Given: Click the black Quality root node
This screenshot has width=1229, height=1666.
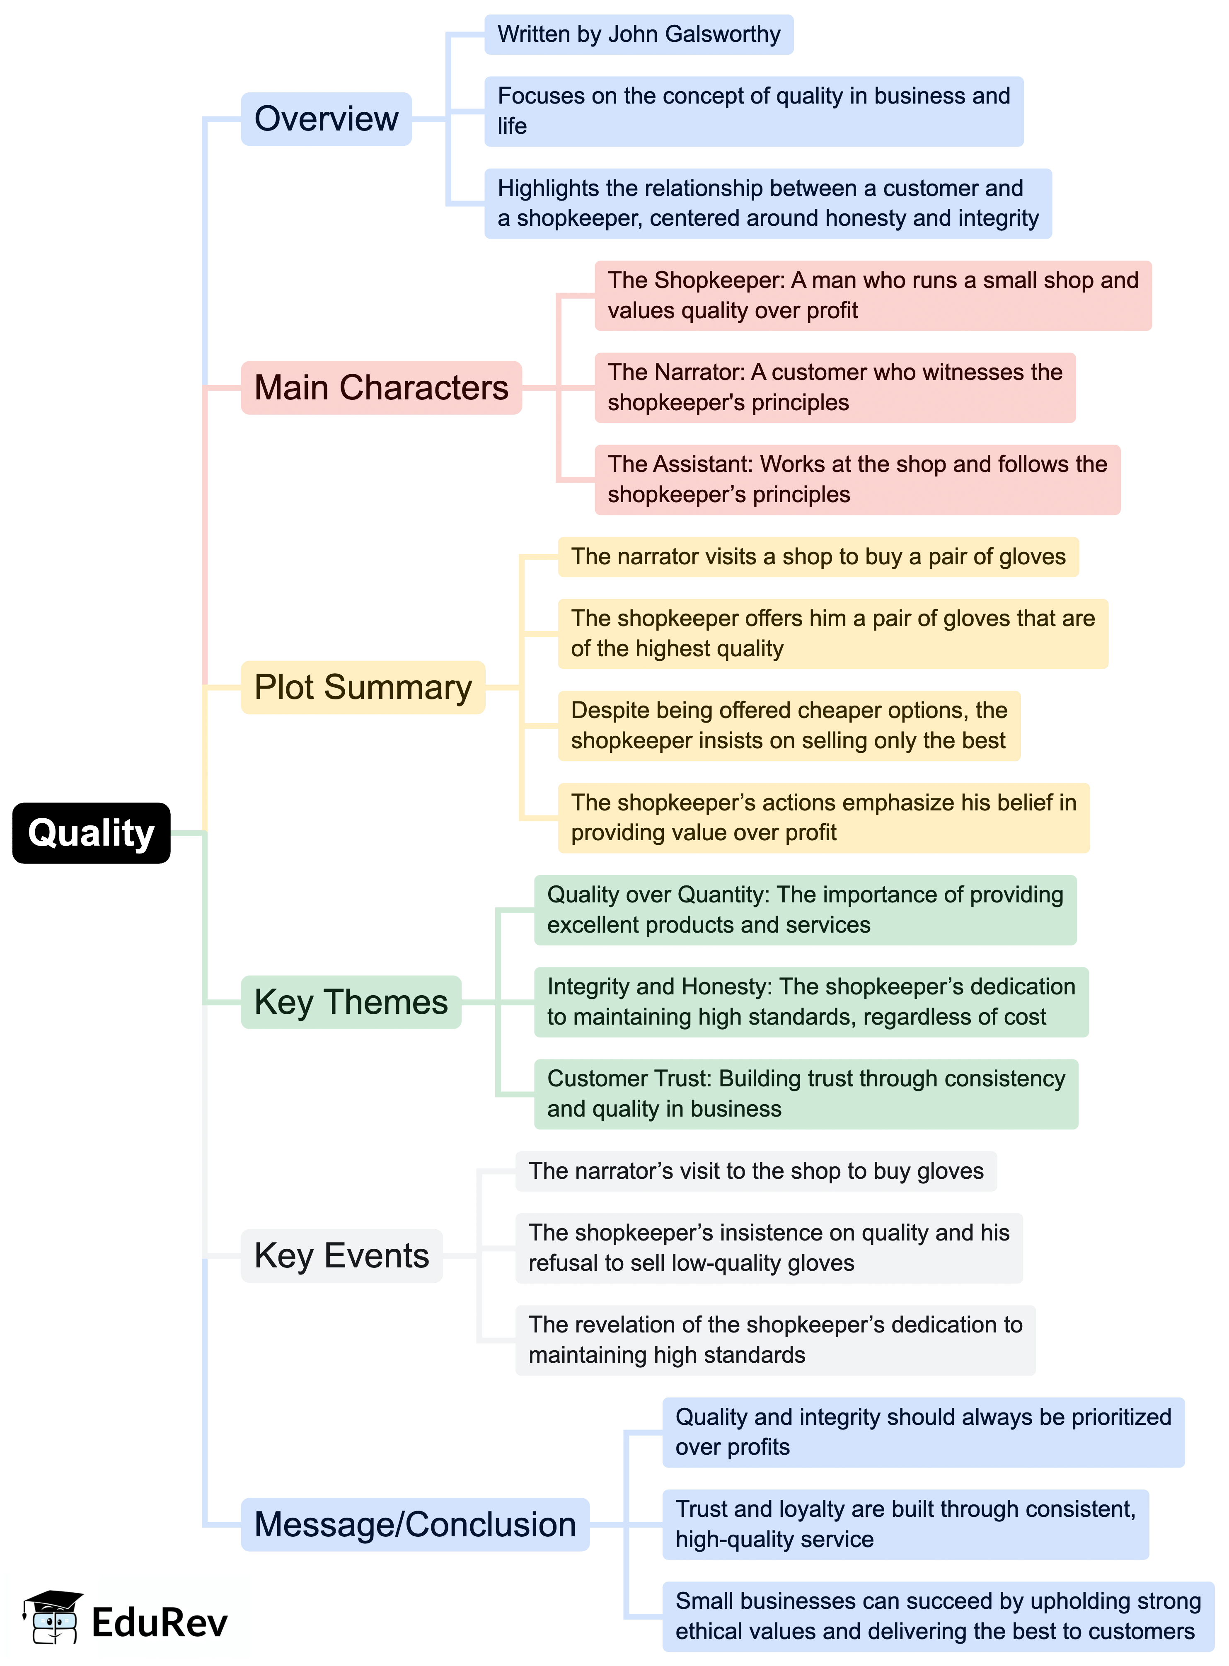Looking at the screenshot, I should pos(91,833).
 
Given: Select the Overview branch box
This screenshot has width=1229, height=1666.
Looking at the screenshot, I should pos(326,119).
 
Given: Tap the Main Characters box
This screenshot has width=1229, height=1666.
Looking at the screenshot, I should pos(381,387).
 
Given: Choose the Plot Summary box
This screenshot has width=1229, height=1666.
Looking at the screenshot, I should pos(363,687).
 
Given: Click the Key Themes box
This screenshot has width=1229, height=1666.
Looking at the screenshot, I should pos(351,1002).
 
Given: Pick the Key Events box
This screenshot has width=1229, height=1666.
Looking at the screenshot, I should pos(341,1255).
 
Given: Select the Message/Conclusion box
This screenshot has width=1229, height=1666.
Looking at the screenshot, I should pos(415,1524).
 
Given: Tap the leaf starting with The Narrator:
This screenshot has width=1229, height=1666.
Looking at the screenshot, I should pos(835,387).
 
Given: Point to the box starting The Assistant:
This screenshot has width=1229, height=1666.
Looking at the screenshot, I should pos(857,480).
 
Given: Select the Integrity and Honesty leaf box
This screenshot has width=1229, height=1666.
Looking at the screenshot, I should pos(811,1002).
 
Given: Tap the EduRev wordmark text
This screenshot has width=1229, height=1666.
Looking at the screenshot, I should pos(159,1622).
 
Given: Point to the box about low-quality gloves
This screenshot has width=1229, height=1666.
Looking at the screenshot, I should pos(769,1248).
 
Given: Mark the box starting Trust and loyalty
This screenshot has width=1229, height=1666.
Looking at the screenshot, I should pos(905,1524).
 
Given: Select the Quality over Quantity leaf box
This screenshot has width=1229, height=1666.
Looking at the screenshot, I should pos(805,909).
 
